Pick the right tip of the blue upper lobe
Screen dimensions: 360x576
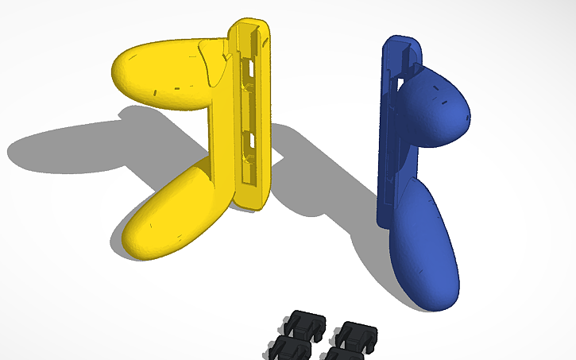pyautogui.click(x=468, y=114)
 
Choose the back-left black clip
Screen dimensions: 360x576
pyautogui.click(x=305, y=322)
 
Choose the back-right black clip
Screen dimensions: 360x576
pyautogui.click(x=354, y=334)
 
